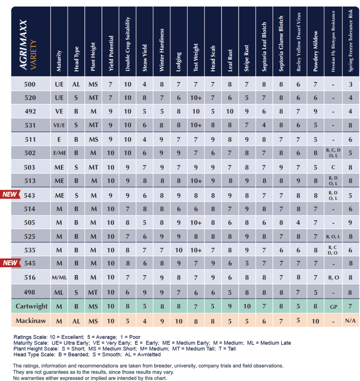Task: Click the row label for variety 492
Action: (x=30, y=112)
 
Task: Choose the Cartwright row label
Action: (x=31, y=306)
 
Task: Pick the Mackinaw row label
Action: (x=31, y=321)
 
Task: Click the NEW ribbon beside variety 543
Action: (x=10, y=195)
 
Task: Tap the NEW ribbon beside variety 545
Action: (x=10, y=263)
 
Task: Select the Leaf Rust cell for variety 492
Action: (x=230, y=112)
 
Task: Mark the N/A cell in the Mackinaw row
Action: (x=350, y=321)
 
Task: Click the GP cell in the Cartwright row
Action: (x=333, y=306)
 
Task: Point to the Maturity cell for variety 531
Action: (x=59, y=125)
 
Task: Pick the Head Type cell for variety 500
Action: (x=76, y=84)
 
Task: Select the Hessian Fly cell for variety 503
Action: (x=333, y=167)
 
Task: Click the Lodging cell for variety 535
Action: (x=179, y=250)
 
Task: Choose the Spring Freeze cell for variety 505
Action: (x=350, y=222)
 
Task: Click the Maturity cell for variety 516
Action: (x=59, y=278)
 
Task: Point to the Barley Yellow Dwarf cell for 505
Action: (x=298, y=222)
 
